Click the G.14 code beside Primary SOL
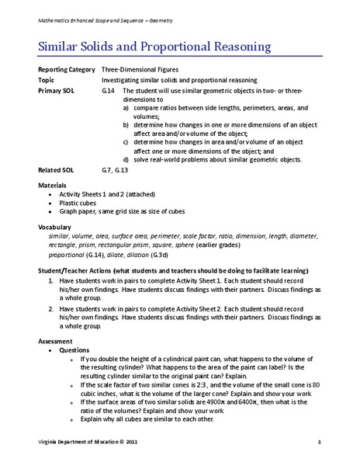pyautogui.click(x=109, y=91)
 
